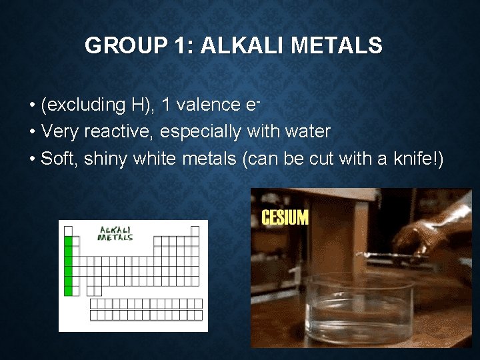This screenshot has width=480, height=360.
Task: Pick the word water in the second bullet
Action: (307, 132)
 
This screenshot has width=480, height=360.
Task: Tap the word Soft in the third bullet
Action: (55, 159)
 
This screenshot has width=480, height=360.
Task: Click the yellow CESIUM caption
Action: (285, 217)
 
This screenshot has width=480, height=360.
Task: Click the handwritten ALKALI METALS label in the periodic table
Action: (116, 233)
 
